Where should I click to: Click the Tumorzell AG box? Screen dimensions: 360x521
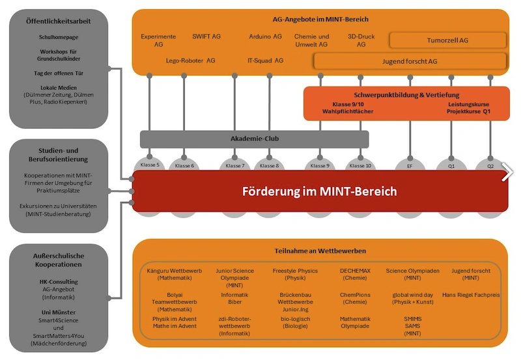(447, 40)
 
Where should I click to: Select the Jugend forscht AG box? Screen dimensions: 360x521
(410, 61)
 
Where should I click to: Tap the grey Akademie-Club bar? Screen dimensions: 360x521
(254, 139)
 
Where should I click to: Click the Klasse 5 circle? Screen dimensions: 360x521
(149, 165)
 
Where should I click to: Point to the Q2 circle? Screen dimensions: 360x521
(490, 165)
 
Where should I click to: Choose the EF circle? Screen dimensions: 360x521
(410, 165)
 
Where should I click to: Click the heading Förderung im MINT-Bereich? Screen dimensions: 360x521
(319, 191)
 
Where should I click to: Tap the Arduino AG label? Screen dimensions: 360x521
(265, 37)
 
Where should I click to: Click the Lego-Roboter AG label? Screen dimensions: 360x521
(190, 61)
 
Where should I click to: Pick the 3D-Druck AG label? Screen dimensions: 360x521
(361, 40)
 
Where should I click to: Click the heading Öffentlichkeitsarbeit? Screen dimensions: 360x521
(59, 21)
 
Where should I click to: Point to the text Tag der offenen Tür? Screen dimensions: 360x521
(59, 73)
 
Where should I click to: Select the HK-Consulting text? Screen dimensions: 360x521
(59, 281)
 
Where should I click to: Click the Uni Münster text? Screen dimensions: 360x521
(59, 312)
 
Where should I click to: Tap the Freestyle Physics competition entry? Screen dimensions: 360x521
(295, 274)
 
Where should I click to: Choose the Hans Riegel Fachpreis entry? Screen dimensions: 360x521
(470, 294)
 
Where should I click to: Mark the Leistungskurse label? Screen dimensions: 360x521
(468, 104)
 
